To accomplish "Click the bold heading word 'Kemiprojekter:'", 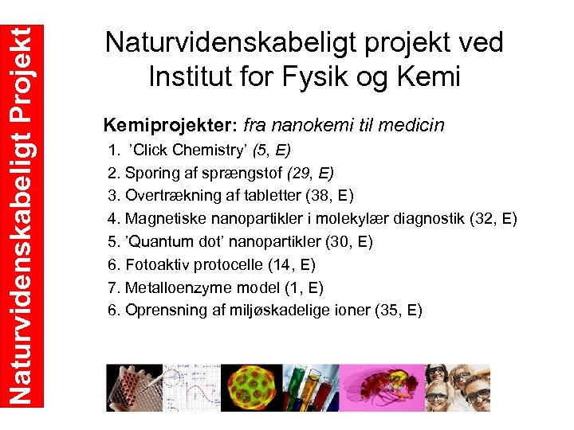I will point(170,126).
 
